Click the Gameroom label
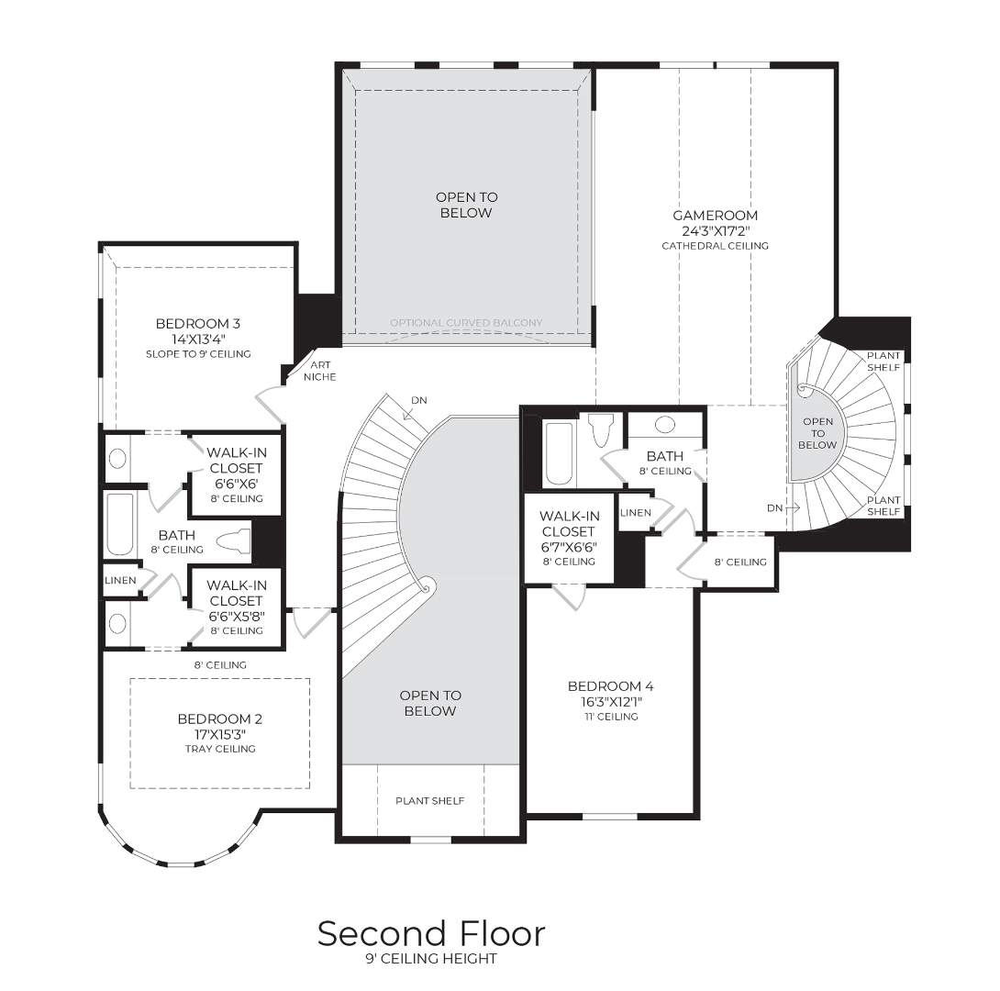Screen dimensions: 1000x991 pos(715,216)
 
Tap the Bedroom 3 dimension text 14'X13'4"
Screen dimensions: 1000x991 pos(197,340)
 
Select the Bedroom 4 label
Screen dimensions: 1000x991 pos(610,686)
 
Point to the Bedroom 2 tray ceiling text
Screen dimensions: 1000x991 pos(220,749)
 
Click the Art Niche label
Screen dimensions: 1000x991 pos(319,371)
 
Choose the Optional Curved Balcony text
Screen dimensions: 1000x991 pos(466,323)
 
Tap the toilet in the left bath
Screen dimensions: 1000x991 pos(233,540)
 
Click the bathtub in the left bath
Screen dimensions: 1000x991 pos(120,524)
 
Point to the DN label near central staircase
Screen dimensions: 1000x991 pos(419,400)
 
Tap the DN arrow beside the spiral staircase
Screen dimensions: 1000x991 pos(793,508)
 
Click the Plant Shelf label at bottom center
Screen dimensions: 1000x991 pos(430,801)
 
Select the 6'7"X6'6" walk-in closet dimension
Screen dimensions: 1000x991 pos(568,547)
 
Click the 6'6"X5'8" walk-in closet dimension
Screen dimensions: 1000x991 pos(237,616)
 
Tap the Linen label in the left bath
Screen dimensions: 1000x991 pos(120,580)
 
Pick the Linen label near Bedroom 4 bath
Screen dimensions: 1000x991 pos(636,513)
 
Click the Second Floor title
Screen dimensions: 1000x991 pos(431,933)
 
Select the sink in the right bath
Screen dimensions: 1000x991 pos(665,424)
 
